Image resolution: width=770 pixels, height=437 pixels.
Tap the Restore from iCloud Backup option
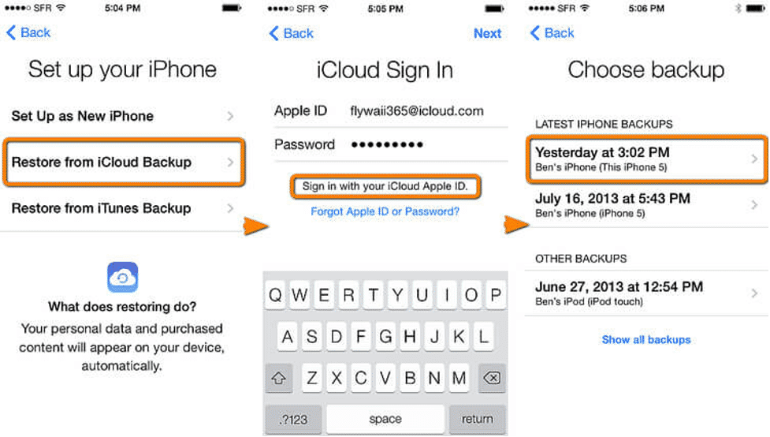coord(122,162)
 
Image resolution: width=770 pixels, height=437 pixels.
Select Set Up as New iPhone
coord(122,116)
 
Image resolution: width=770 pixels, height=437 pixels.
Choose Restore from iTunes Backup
coord(122,208)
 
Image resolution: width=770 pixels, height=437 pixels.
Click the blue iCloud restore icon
coord(122,277)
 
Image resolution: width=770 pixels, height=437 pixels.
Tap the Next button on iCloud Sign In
coord(487,33)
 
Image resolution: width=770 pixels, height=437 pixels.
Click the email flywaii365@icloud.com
coord(417,111)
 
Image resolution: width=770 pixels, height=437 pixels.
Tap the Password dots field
coord(387,145)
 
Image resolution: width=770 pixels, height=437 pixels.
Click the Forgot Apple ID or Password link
coord(385,211)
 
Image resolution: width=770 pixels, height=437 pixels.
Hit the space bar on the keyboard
coord(385,419)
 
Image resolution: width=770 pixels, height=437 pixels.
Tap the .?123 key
coord(290,419)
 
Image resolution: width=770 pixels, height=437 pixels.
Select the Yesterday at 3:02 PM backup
coord(645,159)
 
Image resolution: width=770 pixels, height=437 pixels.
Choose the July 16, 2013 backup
coord(645,204)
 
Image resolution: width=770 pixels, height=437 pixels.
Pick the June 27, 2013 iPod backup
coord(645,293)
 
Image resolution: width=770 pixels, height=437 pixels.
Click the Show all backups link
coord(645,340)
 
